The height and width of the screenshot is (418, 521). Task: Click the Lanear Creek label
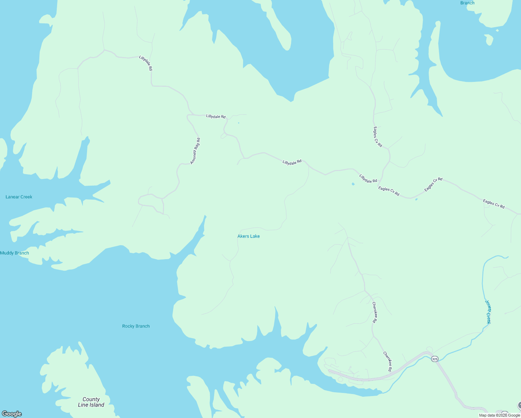19,197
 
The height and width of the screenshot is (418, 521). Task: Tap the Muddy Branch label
15,253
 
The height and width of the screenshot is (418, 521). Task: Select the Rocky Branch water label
136,326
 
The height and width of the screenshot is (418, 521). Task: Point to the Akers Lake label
248,236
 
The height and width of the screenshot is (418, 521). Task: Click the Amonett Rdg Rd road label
195,151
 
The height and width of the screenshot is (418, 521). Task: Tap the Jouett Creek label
488,312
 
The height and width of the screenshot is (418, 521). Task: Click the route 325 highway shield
434,359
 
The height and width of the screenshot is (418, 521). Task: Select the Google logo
12,414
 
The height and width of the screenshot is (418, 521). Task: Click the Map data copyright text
499,415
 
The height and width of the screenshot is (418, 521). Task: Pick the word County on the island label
91,399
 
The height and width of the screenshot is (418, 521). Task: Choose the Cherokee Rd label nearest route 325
387,361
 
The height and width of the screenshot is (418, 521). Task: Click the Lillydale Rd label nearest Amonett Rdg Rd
216,116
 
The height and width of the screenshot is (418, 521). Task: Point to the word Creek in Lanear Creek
26,197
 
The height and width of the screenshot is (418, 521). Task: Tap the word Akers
243,236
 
